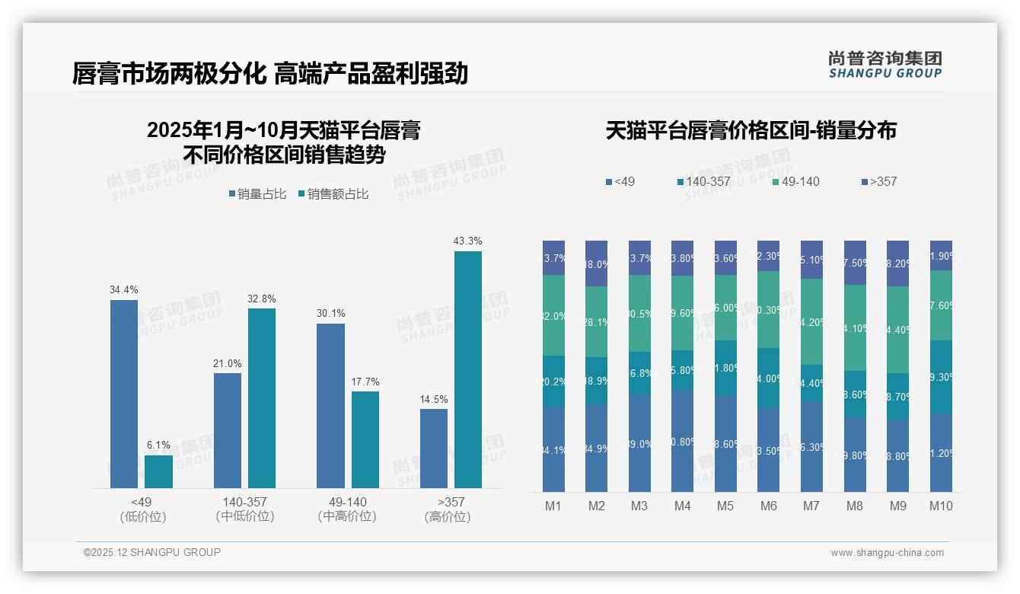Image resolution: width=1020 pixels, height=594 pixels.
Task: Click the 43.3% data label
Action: click(x=467, y=241)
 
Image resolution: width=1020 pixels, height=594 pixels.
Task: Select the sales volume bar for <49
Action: click(x=124, y=393)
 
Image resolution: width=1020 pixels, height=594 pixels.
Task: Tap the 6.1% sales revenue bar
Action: click(x=158, y=471)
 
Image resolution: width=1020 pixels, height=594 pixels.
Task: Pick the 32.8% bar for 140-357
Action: click(x=262, y=398)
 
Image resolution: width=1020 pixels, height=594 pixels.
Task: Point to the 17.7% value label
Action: click(x=365, y=382)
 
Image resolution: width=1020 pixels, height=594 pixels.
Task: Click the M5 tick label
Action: click(x=725, y=506)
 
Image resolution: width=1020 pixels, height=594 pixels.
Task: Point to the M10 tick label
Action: click(x=941, y=506)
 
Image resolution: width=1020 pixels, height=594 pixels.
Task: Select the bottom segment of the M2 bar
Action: click(x=596, y=448)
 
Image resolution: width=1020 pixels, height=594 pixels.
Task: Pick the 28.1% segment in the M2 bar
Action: click(x=596, y=321)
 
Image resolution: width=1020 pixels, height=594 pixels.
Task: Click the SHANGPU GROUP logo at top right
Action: click(x=885, y=64)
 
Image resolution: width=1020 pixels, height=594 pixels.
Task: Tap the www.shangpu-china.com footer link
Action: click(x=887, y=553)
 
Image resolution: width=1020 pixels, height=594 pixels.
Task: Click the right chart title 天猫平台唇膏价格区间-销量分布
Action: click(x=751, y=130)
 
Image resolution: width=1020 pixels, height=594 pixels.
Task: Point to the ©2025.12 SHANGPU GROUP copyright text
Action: click(x=152, y=552)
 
